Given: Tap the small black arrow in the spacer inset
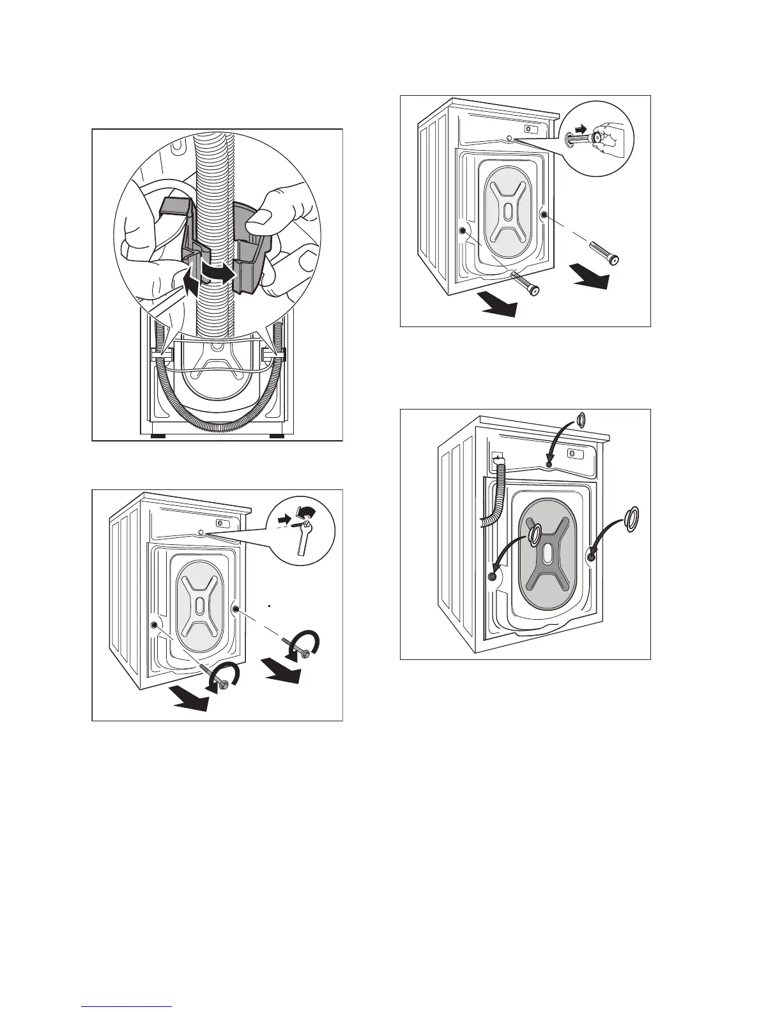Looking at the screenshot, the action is pos(579,128).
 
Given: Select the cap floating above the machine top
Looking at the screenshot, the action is pos(580,420).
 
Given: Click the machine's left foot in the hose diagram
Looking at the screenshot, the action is pos(158,436).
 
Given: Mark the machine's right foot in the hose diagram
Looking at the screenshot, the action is pos(277,436).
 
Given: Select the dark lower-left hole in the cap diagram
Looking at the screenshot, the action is pos(492,577).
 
